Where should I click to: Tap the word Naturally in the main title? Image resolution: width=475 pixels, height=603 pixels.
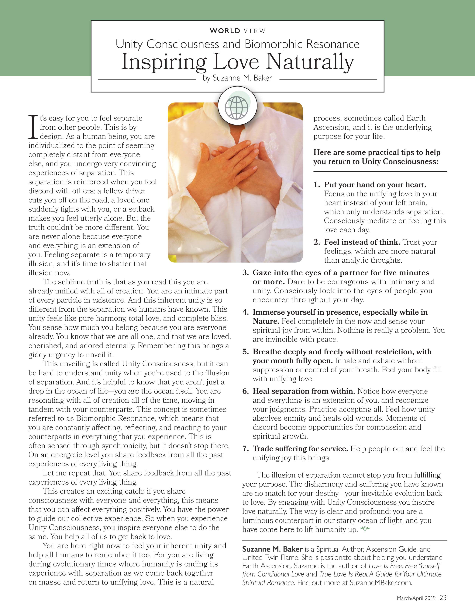[310, 62]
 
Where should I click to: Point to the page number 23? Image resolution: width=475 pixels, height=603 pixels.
[443, 598]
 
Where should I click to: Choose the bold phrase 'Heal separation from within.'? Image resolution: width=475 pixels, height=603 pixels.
[304, 391]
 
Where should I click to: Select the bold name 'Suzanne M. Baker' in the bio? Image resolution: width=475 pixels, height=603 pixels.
[272, 549]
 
